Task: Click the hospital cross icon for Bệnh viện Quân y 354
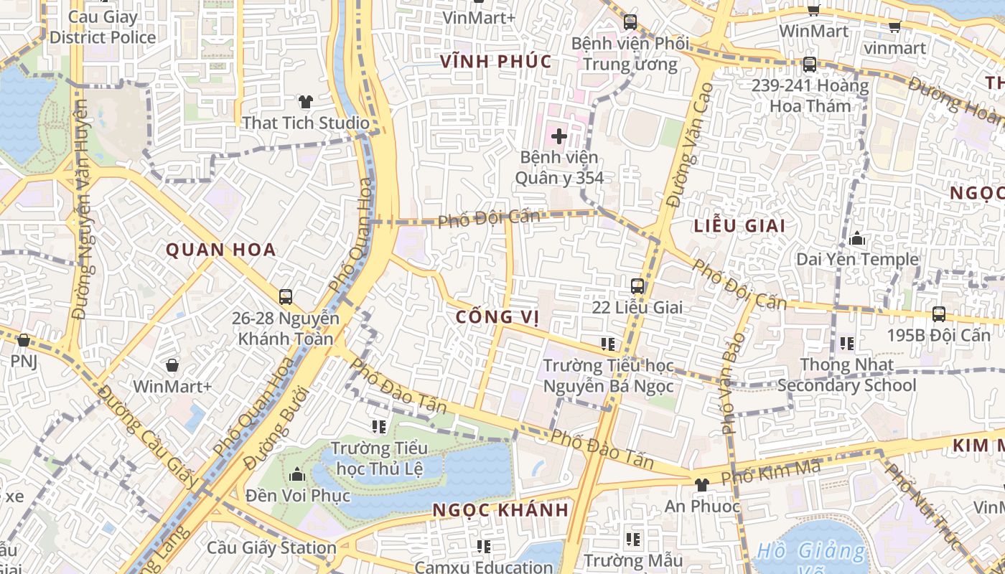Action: click(558, 136)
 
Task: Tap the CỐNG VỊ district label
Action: click(497, 316)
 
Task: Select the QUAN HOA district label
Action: click(221, 250)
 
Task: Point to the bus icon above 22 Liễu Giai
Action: click(637, 286)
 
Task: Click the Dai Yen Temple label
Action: click(857, 259)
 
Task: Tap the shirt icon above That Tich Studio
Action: click(306, 102)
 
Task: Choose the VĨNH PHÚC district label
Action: click(495, 62)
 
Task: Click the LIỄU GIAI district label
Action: click(739, 225)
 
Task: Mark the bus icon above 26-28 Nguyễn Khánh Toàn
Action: click(285, 297)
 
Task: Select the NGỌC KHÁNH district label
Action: click(500, 510)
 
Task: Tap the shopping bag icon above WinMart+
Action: click(172, 366)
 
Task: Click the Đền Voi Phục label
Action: click(297, 495)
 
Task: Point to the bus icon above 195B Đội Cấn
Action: click(938, 314)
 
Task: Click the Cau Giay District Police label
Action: click(103, 27)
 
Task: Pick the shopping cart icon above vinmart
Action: click(894, 27)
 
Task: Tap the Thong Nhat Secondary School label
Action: click(847, 375)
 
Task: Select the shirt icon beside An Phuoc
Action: click(701, 486)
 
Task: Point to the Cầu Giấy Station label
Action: click(271, 547)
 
